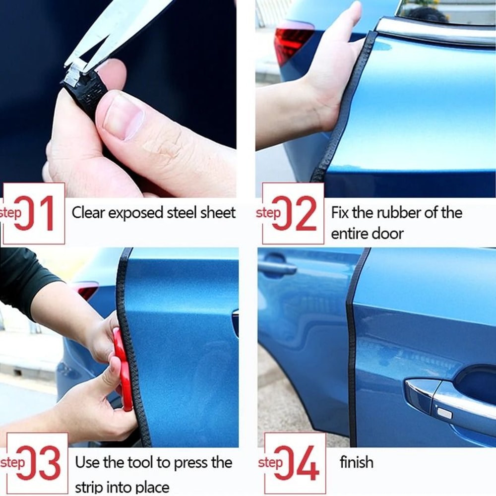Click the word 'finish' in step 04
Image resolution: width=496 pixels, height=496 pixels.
click(356, 462)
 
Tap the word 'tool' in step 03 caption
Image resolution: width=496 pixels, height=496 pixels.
click(138, 462)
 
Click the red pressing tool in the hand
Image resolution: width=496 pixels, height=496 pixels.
click(122, 367)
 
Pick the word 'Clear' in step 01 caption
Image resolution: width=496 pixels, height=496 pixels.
click(88, 213)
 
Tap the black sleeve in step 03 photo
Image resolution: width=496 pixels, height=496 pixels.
click(25, 283)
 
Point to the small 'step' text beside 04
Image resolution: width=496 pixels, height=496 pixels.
click(270, 462)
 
